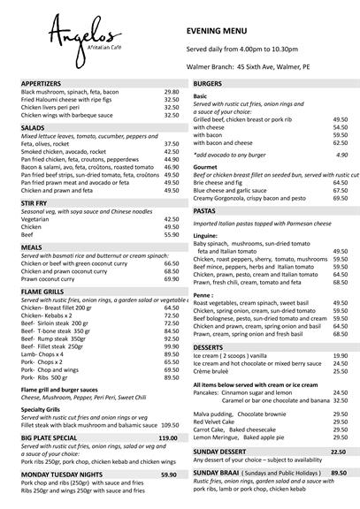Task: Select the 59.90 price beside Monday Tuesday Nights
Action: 168,475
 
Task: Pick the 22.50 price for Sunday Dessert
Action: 338,452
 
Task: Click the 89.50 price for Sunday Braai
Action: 338,473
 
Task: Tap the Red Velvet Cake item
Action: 217,422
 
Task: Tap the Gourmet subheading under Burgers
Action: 206,166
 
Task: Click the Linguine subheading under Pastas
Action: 205,237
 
